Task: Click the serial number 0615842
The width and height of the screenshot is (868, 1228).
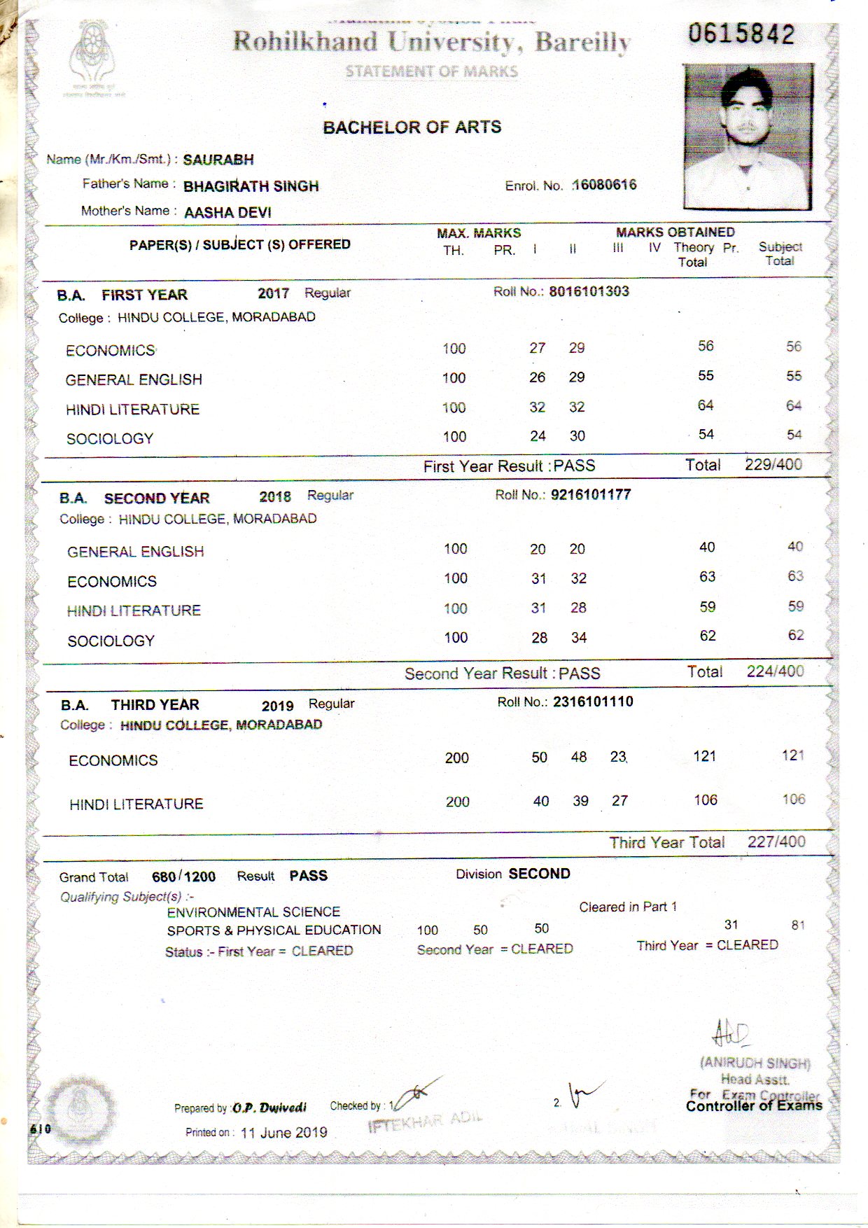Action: coord(741,34)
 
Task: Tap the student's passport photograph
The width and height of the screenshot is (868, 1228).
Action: coord(748,137)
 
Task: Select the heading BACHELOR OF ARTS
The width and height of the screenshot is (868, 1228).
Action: coord(412,127)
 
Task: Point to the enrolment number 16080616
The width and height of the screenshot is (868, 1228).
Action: coord(605,185)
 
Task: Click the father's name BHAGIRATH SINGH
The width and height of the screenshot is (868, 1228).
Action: coord(251,186)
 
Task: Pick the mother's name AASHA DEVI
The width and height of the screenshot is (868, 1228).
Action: coord(227,212)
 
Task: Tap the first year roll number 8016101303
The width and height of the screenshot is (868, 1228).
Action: coord(589,291)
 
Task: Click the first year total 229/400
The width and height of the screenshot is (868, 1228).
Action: coord(773,464)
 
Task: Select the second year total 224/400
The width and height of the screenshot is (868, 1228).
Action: coord(775,671)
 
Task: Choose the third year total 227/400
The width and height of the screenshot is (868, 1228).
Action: coord(776,842)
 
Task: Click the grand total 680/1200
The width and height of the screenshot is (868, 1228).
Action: coord(183,877)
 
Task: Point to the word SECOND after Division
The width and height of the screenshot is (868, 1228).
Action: coord(539,874)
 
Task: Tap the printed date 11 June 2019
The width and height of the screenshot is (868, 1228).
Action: coord(283,1132)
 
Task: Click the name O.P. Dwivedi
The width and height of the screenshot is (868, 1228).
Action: coord(269,1108)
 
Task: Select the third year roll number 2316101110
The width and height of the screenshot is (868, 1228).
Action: coord(593,702)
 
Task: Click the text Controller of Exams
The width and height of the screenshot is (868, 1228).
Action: coord(754,1106)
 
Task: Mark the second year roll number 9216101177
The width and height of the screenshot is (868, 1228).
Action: coord(591,495)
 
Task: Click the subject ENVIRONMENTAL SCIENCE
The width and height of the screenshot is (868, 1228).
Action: coord(253,912)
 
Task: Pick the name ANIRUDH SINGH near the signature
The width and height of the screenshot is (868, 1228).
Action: coord(755,1063)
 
